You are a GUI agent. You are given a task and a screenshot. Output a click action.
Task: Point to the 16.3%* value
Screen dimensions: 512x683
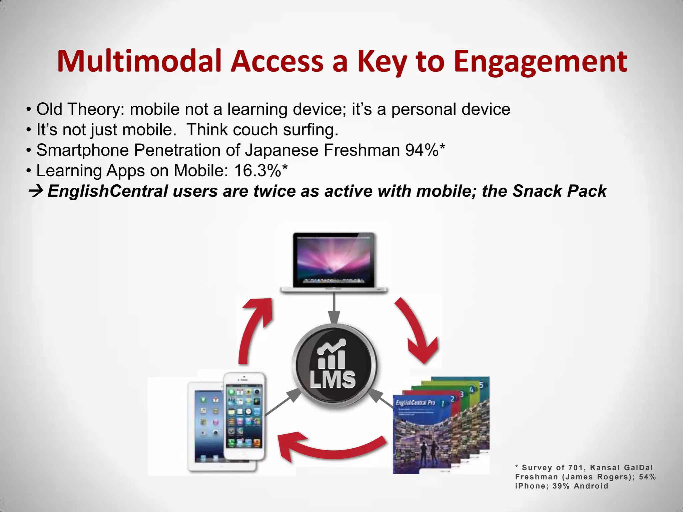point(260,171)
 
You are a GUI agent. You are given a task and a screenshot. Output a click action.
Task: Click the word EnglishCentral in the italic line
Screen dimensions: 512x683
point(107,191)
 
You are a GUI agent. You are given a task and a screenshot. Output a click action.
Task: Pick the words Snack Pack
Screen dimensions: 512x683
point(559,191)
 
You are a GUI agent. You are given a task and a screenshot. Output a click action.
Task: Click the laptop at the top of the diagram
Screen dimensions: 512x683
point(334,262)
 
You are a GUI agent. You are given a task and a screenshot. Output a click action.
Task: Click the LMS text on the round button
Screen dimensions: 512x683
point(332,380)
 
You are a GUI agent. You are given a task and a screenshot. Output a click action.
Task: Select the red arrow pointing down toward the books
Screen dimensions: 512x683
point(417,330)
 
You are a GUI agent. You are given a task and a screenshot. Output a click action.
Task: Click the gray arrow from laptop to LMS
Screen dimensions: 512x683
point(334,308)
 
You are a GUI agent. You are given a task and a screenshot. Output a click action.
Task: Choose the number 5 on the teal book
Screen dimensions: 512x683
point(481,385)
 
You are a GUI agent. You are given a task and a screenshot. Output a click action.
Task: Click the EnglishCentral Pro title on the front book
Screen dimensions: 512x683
point(416,403)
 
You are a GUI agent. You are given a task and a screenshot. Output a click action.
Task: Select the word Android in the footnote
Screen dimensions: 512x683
point(591,486)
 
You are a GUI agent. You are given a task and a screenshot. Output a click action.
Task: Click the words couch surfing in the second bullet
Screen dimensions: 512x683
point(285,130)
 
